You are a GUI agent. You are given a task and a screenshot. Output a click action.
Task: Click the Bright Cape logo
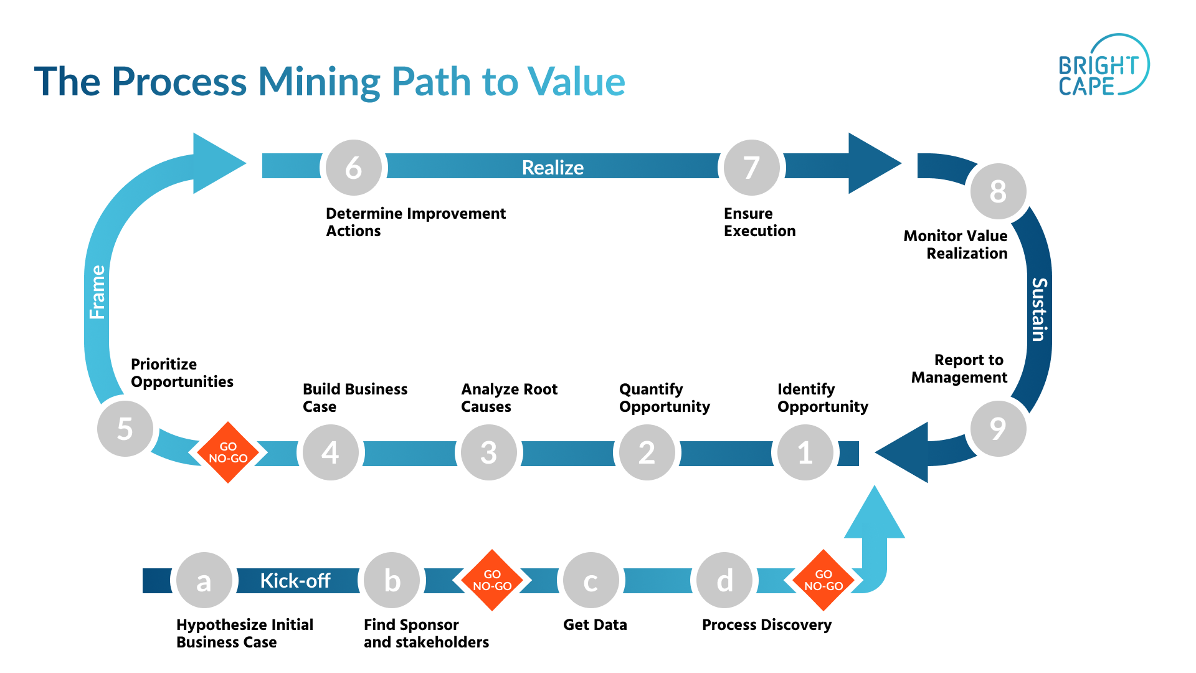click(1103, 66)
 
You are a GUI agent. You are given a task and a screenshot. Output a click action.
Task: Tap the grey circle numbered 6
click(354, 168)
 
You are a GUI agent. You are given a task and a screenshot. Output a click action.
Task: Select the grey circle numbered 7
click(751, 168)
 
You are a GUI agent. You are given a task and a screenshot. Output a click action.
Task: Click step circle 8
click(998, 191)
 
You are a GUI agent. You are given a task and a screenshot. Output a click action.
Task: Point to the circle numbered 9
click(998, 429)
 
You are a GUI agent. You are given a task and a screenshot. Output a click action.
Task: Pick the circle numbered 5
click(125, 429)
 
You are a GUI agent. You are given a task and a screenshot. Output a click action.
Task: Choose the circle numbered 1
click(805, 452)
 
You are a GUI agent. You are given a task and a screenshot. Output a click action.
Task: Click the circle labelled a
click(204, 581)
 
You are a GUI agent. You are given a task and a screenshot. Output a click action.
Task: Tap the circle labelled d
click(724, 581)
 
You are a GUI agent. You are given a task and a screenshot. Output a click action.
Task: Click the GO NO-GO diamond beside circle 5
click(228, 452)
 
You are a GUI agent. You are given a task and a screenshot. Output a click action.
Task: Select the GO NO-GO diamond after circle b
click(492, 580)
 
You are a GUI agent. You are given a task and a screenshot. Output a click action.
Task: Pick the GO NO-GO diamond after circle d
click(823, 580)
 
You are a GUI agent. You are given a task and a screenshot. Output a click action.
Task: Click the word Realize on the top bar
click(553, 168)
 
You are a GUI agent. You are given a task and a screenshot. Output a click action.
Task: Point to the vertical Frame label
click(98, 292)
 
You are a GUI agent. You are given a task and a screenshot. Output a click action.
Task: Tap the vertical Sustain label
click(1038, 309)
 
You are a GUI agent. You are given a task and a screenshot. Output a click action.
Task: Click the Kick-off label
click(295, 581)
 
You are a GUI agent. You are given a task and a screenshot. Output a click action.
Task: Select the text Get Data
click(595, 624)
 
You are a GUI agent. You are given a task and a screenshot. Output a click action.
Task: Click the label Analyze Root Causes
click(509, 398)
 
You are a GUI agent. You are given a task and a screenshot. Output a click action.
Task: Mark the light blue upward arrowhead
click(875, 515)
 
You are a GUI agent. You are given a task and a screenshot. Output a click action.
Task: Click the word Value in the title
click(576, 82)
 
